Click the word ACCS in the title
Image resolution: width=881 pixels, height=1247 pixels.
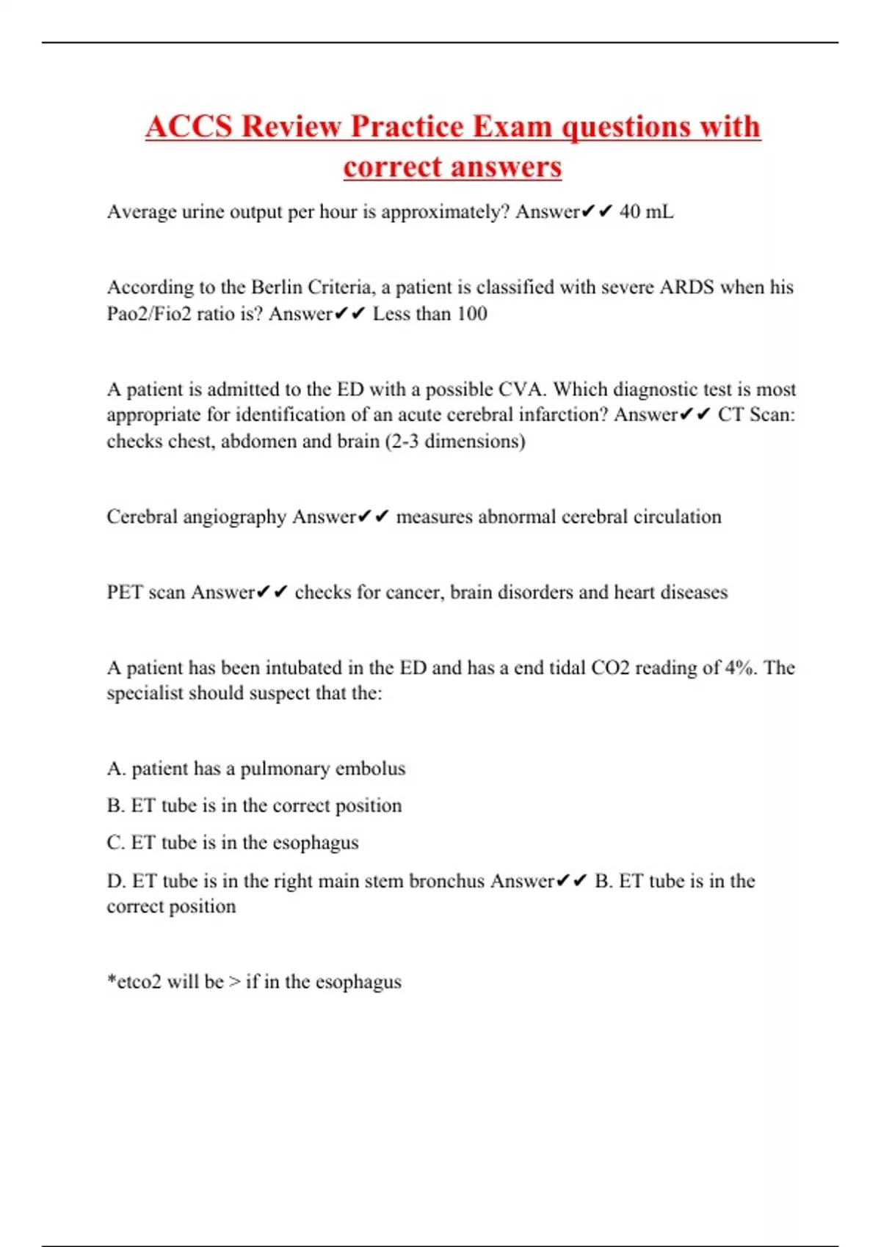coord(189,126)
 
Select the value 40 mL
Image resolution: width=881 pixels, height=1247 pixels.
coord(646,212)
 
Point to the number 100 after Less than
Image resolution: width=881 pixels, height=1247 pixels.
coord(471,314)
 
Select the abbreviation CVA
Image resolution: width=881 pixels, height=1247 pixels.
coord(522,389)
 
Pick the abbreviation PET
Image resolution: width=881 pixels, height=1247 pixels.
coord(125,592)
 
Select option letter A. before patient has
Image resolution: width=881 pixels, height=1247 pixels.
coord(116,769)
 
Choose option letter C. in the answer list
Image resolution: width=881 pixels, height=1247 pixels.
coord(116,843)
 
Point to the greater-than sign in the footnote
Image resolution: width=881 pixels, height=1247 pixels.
coord(234,982)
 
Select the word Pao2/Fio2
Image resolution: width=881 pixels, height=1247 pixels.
coord(149,314)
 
